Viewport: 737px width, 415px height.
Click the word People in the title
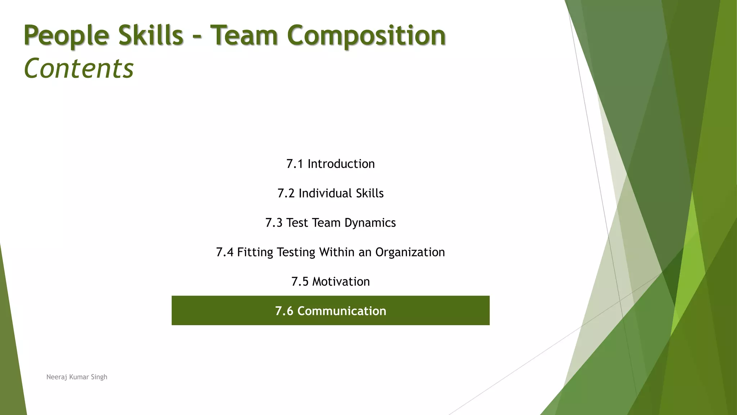(x=66, y=36)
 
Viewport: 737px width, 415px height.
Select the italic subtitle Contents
(x=78, y=68)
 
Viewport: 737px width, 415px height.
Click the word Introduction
(x=341, y=164)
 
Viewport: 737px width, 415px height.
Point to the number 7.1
(x=295, y=164)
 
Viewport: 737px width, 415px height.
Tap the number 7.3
(x=274, y=223)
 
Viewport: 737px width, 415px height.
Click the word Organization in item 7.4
(x=410, y=252)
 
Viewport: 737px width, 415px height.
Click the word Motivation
(x=341, y=282)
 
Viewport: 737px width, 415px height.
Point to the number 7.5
(x=300, y=282)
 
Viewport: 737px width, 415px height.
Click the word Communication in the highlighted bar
(x=342, y=311)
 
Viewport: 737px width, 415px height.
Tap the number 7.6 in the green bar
(x=284, y=311)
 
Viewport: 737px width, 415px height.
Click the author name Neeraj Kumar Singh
(x=77, y=377)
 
